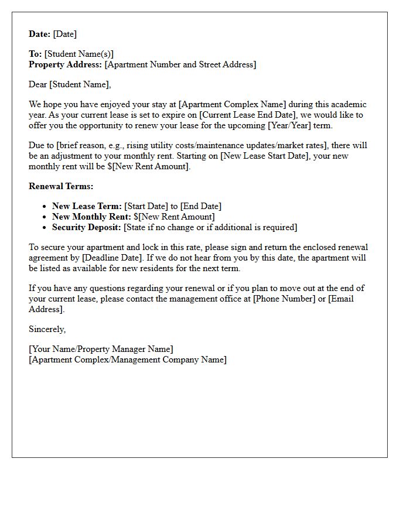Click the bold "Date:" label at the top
pos(40,34)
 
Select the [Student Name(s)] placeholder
pos(79,54)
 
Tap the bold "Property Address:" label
pos(66,64)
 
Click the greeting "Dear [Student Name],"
pos(70,84)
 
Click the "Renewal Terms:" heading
pos(61,186)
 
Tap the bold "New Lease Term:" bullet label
pos(87,206)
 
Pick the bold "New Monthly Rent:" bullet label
pos(91,217)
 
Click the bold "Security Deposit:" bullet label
pos(87,227)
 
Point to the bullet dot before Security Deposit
pos(45,227)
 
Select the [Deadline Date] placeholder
pos(112,258)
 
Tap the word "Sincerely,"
pos(47,329)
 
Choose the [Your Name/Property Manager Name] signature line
pos(101,349)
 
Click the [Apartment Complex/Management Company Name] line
pos(127,360)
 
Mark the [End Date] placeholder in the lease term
pos(201,206)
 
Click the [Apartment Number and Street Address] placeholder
pos(180,64)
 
